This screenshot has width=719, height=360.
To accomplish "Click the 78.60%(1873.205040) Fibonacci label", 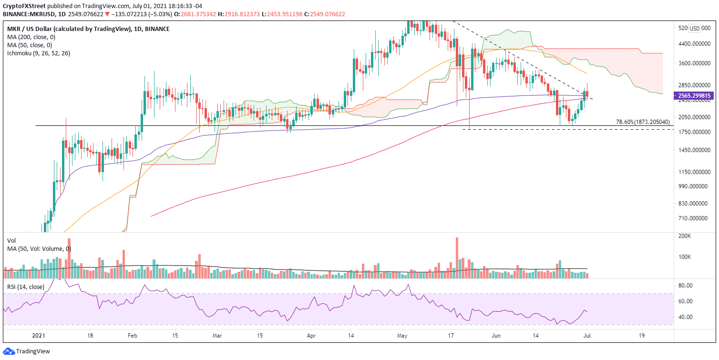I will click(x=642, y=122).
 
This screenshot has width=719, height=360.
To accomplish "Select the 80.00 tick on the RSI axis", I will click(x=685, y=286).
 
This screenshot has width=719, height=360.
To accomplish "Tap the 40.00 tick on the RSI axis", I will click(x=685, y=317).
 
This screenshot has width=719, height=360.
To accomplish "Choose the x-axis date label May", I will click(x=401, y=335).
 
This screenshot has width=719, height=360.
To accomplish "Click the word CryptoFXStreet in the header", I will click(x=22, y=6).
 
